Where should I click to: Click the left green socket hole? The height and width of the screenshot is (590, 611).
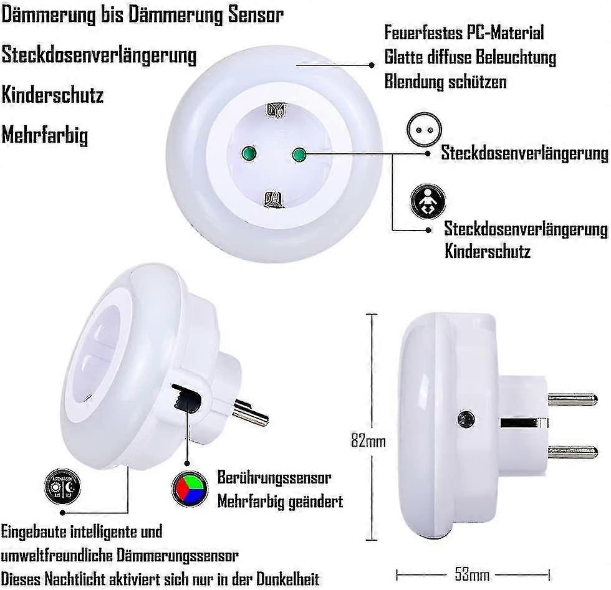pyautogui.click(x=245, y=151)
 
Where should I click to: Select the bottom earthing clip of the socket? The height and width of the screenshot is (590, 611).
pyautogui.click(x=272, y=201)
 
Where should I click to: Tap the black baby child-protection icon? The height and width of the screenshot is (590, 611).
pyautogui.click(x=427, y=202)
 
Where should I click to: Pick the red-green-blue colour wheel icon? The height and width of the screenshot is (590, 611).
pyautogui.click(x=189, y=488)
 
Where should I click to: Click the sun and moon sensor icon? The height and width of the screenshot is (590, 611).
pyautogui.click(x=63, y=485)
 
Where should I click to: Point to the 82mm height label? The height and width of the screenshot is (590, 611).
pyautogui.click(x=367, y=441)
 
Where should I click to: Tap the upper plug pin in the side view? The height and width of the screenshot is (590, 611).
pyautogui.click(x=572, y=399)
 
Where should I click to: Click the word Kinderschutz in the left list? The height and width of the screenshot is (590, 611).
pyautogui.click(x=52, y=95)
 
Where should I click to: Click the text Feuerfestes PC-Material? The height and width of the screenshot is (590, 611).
pyautogui.click(x=464, y=32)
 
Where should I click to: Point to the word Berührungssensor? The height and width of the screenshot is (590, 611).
pyautogui.click(x=274, y=478)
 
